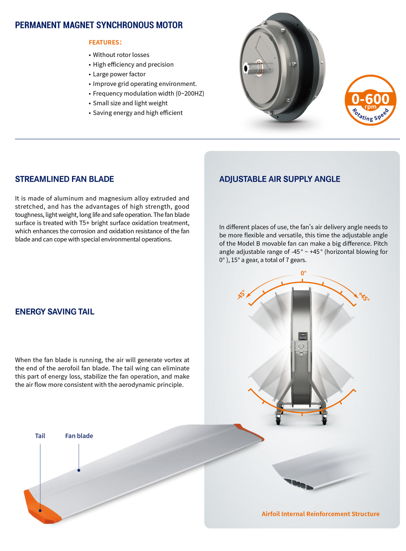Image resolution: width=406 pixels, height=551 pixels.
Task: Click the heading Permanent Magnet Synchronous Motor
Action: tap(99, 25)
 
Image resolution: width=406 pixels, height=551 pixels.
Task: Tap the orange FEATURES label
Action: tap(105, 42)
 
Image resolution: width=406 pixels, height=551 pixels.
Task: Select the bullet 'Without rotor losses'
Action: tap(121, 55)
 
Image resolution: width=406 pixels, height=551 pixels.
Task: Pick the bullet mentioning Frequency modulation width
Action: tap(148, 93)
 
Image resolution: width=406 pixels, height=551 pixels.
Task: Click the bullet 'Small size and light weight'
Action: tap(130, 103)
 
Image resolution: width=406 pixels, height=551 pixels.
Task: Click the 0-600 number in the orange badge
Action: tap(370, 99)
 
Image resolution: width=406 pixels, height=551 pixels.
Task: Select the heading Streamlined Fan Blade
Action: tap(64, 179)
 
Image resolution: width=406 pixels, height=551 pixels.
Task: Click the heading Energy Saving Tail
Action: tap(54, 312)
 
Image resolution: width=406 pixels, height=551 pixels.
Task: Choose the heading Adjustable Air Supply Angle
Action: tap(279, 179)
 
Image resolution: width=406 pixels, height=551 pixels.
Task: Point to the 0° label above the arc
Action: tap(303, 273)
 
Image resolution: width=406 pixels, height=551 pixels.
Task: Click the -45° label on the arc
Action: tap(241, 294)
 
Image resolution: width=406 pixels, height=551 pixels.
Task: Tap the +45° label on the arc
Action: tap(364, 296)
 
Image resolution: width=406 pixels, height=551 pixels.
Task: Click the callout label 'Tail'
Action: tap(40, 436)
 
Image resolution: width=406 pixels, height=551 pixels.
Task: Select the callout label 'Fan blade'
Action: tap(79, 436)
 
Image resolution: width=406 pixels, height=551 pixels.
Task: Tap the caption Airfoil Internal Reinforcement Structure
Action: tap(320, 514)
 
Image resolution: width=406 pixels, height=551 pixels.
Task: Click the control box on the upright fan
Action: tap(301, 336)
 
